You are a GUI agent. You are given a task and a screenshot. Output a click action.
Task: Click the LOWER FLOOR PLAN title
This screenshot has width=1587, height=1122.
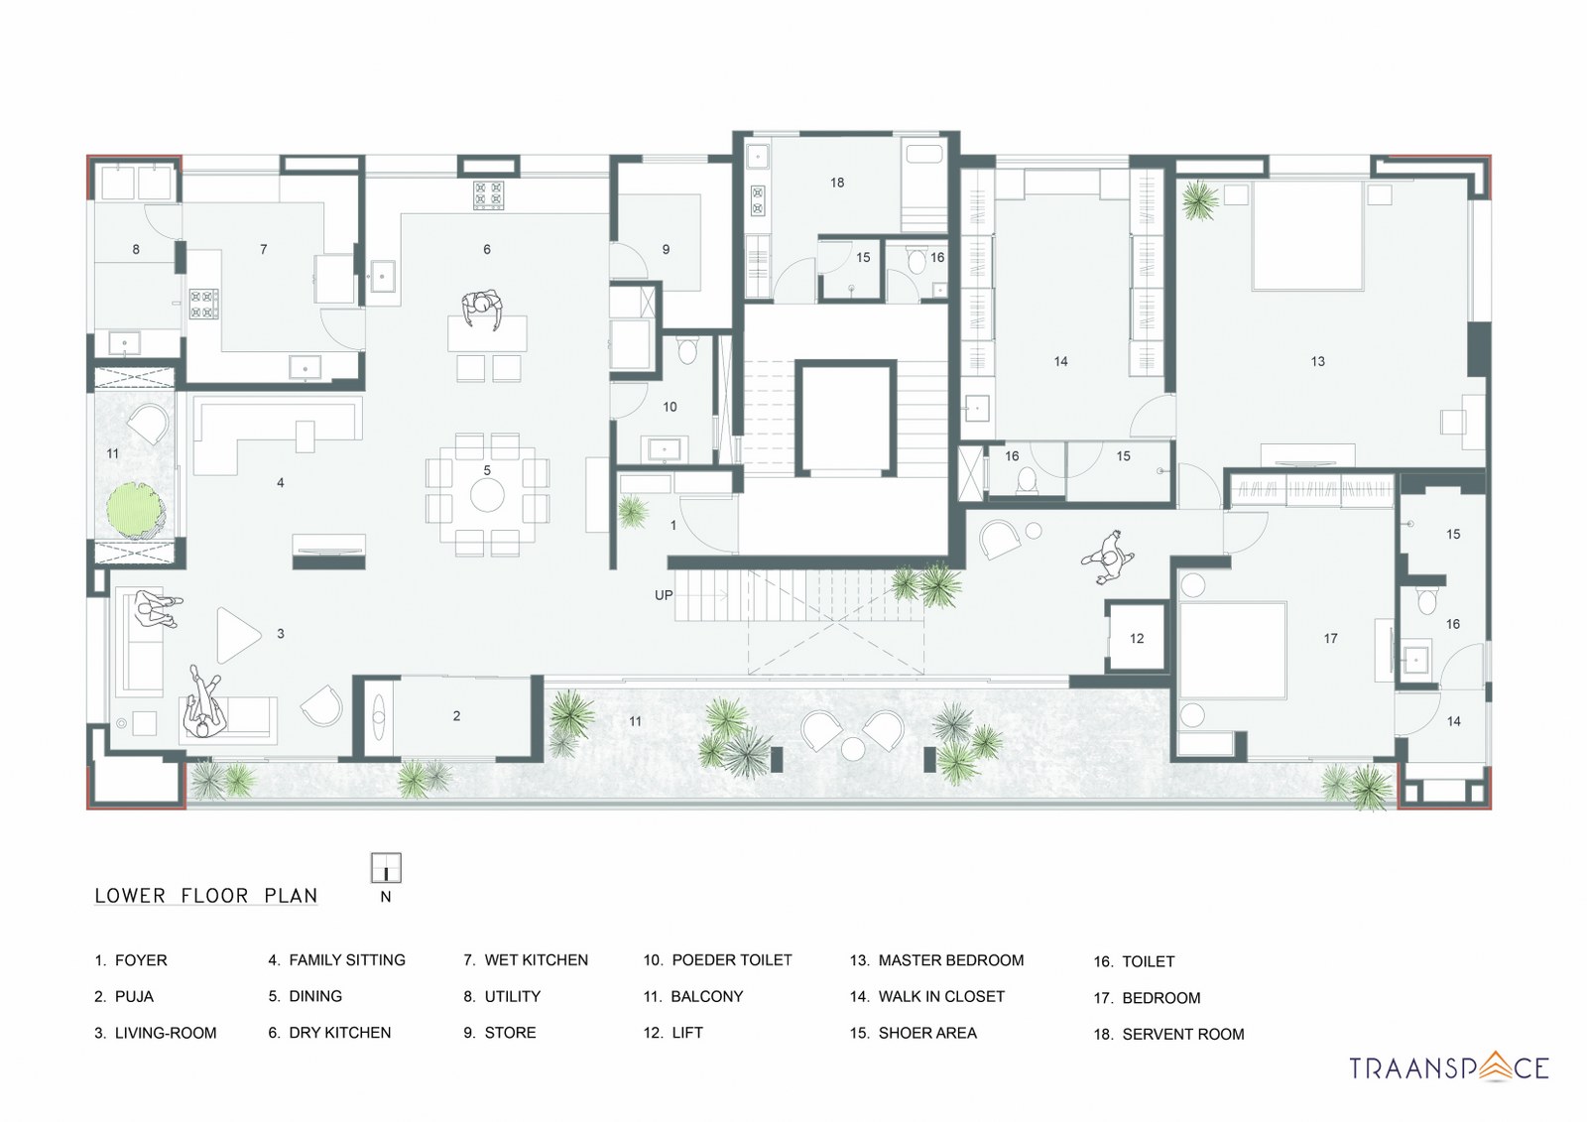(x=206, y=895)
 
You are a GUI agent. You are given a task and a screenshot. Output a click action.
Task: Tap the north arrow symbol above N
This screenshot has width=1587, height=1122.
(x=386, y=867)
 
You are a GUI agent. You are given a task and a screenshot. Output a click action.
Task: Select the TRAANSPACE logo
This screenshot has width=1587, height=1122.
(x=1449, y=1067)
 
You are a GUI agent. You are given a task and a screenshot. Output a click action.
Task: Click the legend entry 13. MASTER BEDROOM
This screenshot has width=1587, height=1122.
(x=936, y=960)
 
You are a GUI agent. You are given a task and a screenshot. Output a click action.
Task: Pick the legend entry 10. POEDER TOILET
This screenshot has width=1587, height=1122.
(x=717, y=960)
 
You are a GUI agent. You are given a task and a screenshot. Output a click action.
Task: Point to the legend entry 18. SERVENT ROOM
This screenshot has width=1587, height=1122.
(x=1168, y=1034)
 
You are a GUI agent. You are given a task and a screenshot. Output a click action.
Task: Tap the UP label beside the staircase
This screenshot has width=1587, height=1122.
(x=664, y=595)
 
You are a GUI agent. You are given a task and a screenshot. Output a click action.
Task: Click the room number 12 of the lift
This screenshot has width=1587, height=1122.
(x=1137, y=638)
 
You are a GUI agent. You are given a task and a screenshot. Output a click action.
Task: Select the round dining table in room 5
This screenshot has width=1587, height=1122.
(x=487, y=494)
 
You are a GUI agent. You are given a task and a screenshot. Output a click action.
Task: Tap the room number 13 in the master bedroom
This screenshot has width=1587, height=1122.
(x=1317, y=361)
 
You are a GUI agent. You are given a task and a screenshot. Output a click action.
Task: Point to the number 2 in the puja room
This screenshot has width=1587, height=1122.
(x=456, y=715)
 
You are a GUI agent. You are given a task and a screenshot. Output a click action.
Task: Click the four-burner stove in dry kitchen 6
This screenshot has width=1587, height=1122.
(x=487, y=194)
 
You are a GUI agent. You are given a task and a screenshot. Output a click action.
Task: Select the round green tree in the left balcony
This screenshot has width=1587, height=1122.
(x=136, y=509)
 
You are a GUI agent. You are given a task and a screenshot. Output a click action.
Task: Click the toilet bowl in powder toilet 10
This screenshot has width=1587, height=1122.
(x=686, y=349)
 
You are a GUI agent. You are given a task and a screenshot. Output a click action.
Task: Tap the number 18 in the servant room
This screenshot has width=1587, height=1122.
(x=837, y=183)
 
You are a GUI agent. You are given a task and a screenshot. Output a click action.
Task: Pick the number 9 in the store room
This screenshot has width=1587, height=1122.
(x=666, y=249)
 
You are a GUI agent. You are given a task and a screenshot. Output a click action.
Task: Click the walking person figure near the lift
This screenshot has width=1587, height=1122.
(x=1110, y=557)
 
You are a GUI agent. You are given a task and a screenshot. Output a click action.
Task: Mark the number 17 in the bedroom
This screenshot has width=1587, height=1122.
(x=1330, y=638)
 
